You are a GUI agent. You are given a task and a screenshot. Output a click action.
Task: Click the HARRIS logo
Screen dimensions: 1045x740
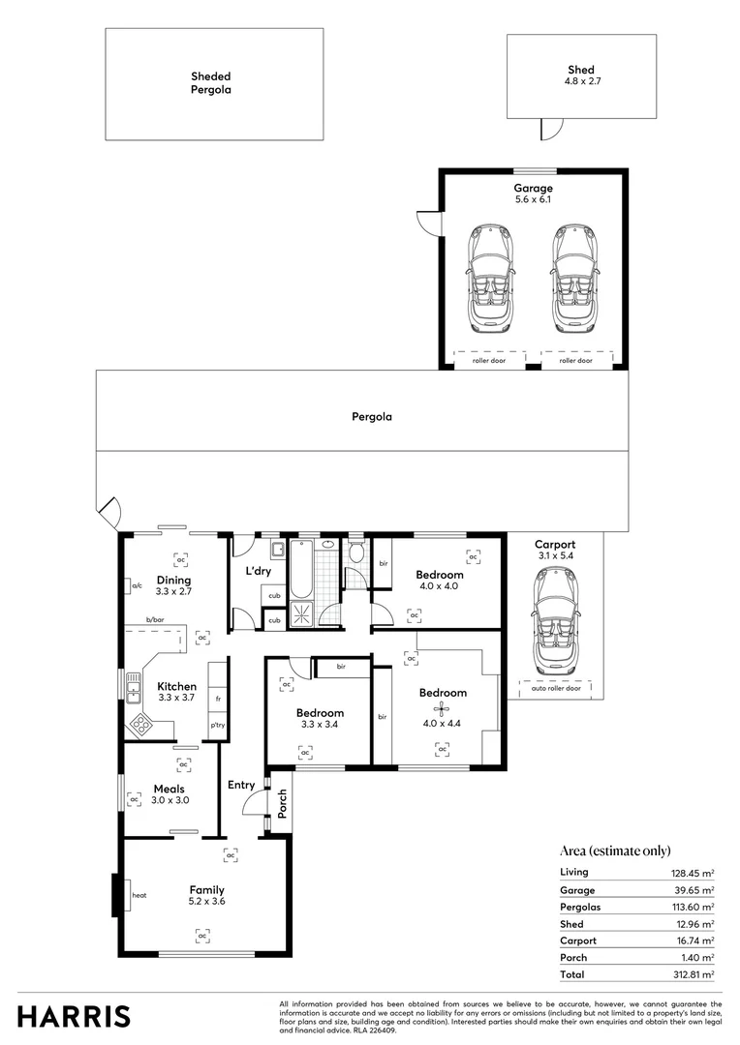pos(74,1016)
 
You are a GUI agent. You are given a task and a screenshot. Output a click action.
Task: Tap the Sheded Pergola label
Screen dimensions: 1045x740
pos(210,82)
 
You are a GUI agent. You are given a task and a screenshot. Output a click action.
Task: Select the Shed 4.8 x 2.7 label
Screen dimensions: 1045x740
pos(581,76)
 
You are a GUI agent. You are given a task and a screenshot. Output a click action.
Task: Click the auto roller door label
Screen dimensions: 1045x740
pos(556,689)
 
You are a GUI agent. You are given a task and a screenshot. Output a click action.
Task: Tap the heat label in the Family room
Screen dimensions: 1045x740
pos(139,896)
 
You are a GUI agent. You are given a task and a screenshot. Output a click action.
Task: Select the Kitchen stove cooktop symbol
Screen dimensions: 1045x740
pos(140,722)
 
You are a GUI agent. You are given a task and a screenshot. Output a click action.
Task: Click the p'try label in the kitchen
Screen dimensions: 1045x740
pos(218,726)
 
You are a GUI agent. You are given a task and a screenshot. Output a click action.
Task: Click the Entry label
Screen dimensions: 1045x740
pos(241,785)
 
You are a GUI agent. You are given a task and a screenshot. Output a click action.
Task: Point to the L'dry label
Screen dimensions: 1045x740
pos(258,572)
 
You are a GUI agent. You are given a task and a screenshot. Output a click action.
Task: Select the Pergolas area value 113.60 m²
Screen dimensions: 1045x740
pos(693,907)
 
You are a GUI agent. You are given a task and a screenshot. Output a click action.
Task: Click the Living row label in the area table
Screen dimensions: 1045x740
pos(573,872)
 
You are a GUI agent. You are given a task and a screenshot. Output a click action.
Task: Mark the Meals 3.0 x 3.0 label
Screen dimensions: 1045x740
pos(170,794)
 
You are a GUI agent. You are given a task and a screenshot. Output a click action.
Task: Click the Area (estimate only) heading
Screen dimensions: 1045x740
pos(615,851)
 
